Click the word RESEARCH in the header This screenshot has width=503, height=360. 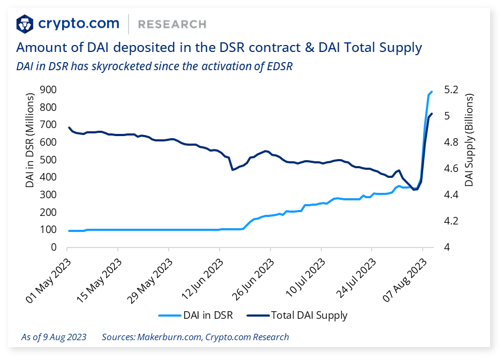click(x=172, y=24)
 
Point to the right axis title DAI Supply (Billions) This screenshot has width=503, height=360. click(x=469, y=140)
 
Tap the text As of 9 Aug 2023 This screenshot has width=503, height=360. click(x=54, y=337)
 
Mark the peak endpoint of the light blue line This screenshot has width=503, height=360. click(x=432, y=92)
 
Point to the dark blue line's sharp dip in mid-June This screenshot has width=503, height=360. click(x=232, y=170)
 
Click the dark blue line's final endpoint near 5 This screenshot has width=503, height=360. click(x=432, y=114)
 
